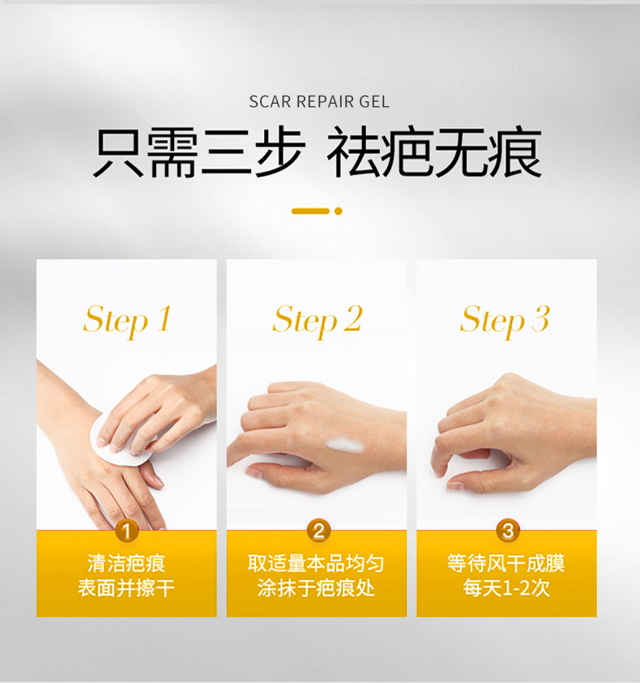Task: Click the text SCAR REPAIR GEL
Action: pos(319,101)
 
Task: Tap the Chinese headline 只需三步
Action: pos(198,152)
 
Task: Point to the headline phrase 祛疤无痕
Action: pos(435,152)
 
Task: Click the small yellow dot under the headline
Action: pos(339,211)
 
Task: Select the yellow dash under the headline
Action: pos(310,211)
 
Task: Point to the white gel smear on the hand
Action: pos(344,445)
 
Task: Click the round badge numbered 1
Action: pos(126,531)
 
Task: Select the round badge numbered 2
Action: pos(318,531)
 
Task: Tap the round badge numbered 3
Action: pos(508,531)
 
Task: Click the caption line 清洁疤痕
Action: pos(126,563)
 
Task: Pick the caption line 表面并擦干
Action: pos(126,588)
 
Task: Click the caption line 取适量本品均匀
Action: pos(316,563)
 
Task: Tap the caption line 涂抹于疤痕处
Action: pos(316,588)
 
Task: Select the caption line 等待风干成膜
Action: pos(506,563)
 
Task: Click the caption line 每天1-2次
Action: pos(506,588)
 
